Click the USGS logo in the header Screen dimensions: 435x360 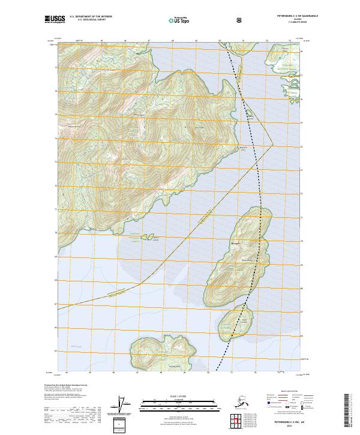click(x=54, y=19)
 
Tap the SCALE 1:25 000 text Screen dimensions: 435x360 click(x=179, y=395)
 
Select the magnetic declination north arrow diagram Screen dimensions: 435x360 click(x=125, y=405)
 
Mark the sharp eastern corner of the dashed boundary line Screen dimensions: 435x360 click(x=273, y=143)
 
